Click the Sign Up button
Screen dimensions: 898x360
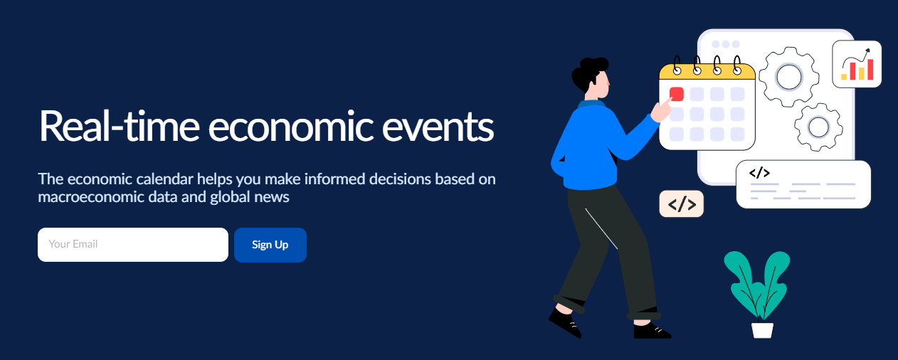tap(270, 245)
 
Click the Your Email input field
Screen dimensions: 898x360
tap(133, 245)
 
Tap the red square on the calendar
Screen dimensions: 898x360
tap(677, 94)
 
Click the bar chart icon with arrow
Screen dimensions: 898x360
tap(857, 64)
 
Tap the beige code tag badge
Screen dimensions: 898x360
tap(682, 203)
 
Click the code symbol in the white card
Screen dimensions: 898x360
tap(759, 173)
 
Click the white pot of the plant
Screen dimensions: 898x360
tap(762, 330)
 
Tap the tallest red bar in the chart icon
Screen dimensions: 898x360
tap(870, 69)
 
